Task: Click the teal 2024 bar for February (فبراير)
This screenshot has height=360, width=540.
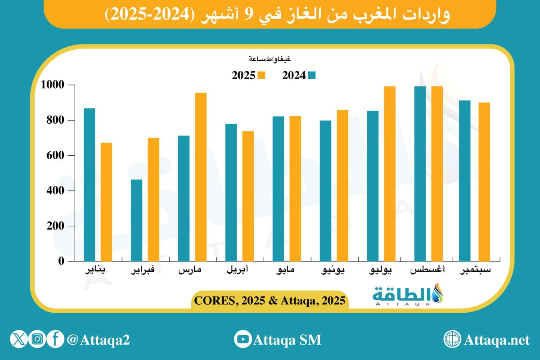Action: tap(136, 220)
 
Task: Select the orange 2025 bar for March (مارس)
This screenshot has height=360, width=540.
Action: tap(201, 177)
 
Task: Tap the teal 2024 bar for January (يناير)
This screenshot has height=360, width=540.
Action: tap(89, 184)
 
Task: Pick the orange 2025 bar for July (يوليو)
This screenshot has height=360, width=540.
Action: tap(390, 174)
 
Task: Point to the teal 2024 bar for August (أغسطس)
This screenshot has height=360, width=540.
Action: tap(420, 174)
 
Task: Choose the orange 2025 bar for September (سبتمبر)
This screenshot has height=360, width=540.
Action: tap(484, 182)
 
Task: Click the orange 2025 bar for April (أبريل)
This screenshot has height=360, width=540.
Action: tap(248, 196)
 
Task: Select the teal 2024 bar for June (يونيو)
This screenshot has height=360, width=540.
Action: tap(325, 191)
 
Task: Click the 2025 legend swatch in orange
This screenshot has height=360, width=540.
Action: tap(261, 75)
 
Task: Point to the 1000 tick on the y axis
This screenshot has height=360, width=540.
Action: tap(53, 85)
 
